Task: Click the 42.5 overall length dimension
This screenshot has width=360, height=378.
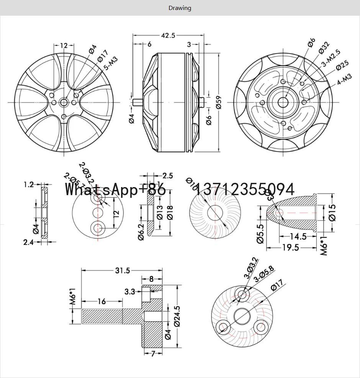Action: coord(168,36)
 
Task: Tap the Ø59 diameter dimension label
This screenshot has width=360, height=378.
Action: coord(219,102)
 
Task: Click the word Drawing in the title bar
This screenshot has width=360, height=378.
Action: coord(180,8)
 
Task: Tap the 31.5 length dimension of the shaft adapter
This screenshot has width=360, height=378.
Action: coord(123,271)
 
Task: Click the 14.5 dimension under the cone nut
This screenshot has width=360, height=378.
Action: coord(298,237)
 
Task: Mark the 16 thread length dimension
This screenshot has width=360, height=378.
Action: coord(101,302)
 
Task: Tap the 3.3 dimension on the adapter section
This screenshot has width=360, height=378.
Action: coord(130,291)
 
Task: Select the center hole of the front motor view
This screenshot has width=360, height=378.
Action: coord(64,102)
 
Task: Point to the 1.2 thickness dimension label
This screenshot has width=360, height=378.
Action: coord(29,185)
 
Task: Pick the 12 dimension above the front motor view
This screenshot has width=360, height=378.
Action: coord(64,46)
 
